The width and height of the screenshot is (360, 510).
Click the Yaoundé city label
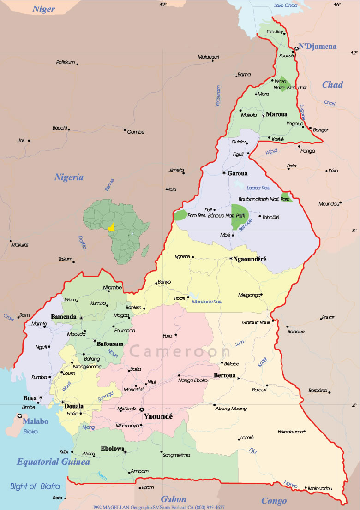pos(158,416)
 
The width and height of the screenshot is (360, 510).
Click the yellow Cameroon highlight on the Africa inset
pos(111,227)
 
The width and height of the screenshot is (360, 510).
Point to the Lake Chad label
pos(285,6)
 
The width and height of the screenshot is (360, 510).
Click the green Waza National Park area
pos(282,83)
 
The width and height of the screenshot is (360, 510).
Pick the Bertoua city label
pos(225,375)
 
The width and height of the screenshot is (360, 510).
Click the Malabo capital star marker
pos(19,416)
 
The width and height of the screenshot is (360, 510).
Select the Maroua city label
pos(276,114)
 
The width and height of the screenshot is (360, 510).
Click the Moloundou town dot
pos(306,487)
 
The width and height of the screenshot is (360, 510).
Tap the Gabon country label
pos(174,499)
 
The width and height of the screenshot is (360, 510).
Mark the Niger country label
pos(44,9)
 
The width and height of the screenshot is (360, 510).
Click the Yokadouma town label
pos(290,432)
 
